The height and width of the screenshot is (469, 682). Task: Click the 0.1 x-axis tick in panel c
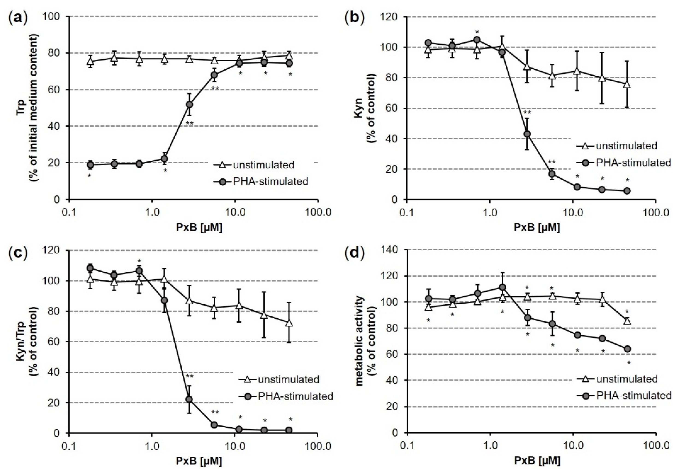click(69, 446)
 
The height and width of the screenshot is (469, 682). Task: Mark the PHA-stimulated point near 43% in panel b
click(527, 134)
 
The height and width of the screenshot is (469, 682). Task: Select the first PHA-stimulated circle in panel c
click(90, 268)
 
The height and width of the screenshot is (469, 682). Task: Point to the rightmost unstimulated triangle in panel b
click(627, 85)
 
